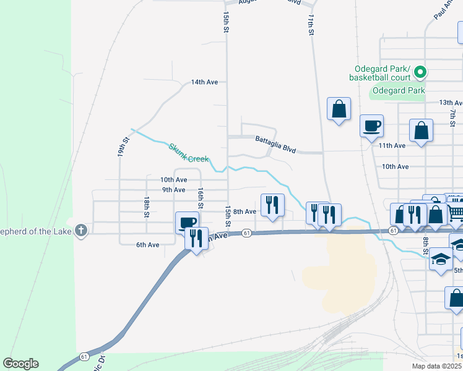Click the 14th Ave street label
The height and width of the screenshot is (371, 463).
204,82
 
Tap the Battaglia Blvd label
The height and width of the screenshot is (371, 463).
275,144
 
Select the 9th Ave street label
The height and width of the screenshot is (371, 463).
173,190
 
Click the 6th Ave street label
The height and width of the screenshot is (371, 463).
148,245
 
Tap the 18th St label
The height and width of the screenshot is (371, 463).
147,207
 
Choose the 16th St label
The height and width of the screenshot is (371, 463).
201,198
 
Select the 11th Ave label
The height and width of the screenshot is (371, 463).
392,145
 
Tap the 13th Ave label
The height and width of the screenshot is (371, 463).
451,103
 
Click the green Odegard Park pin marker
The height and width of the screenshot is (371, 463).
420,73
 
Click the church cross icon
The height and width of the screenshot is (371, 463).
80,231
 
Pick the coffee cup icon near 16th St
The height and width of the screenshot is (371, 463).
186,222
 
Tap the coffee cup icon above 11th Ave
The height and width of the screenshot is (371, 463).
371,126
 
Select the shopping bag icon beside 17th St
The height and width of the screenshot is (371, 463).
339,109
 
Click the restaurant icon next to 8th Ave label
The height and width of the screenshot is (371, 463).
272,205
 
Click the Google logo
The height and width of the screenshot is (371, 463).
20,364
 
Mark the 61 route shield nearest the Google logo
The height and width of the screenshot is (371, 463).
84,357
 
